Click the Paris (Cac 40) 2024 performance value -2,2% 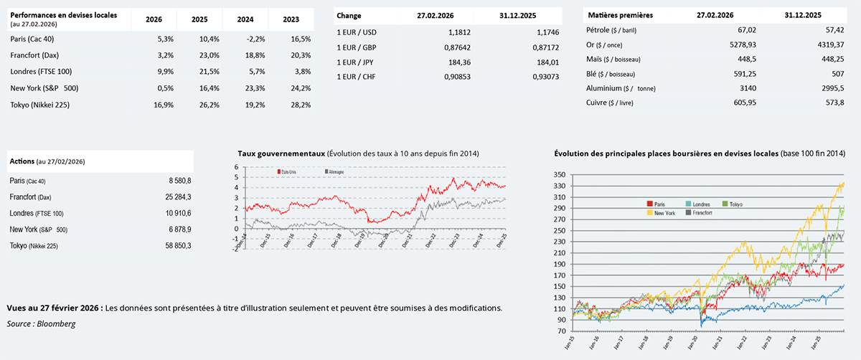click(255, 39)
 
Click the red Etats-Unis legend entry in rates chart click(288, 173)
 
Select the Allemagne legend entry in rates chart click(335, 173)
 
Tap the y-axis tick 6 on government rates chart click(237, 167)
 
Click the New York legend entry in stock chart click(661, 213)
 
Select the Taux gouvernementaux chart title click(281, 153)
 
